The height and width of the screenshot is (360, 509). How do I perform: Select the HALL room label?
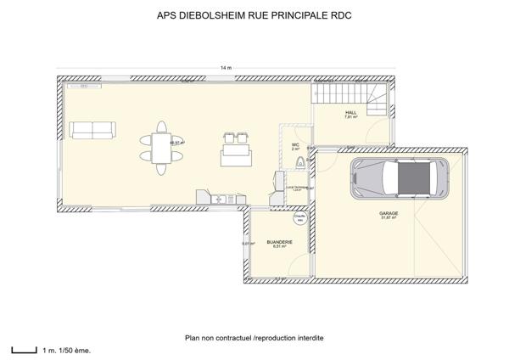tap(351, 112)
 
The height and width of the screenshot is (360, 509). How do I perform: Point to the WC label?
tap(295, 145)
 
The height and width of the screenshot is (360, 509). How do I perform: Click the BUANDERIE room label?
tap(279, 241)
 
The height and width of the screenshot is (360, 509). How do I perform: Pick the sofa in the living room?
tap(92, 130)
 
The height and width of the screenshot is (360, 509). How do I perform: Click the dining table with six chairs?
tap(162, 144)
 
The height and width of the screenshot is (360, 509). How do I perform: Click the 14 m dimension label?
tap(226, 67)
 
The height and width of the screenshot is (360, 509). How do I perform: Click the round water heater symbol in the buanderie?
tap(299, 218)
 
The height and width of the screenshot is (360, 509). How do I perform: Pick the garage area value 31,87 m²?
tap(389, 219)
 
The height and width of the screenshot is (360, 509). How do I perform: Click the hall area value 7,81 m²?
tap(351, 117)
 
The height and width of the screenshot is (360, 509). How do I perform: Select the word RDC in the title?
tap(340, 14)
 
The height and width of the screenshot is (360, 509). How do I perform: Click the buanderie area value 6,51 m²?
tap(279, 246)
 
